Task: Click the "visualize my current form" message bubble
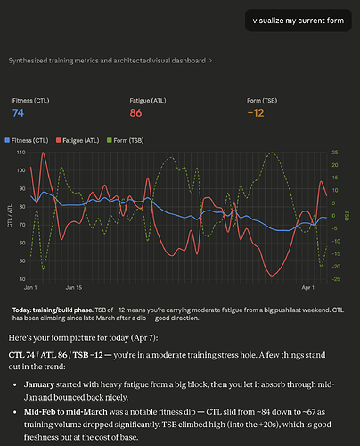tap(299, 21)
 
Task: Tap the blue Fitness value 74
tap(18, 113)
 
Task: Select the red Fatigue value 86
tap(135, 113)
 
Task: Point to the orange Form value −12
tap(256, 113)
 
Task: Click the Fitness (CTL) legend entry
tap(27, 140)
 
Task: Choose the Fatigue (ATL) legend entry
tap(78, 140)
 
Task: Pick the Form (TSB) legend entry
tap(126, 140)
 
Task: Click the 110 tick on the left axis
tap(20, 153)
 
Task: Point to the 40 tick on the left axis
tap(22, 279)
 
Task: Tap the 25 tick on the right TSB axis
tap(335, 153)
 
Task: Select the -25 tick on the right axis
tap(336, 279)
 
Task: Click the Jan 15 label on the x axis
tap(74, 288)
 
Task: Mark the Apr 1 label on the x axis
tap(308, 288)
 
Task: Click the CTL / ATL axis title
tap(10, 216)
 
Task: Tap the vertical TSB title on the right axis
tap(348, 216)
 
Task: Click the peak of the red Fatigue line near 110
tap(43, 153)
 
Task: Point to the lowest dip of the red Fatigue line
tap(272, 276)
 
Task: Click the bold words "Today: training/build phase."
tap(53, 310)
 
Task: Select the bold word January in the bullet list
tap(39, 384)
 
